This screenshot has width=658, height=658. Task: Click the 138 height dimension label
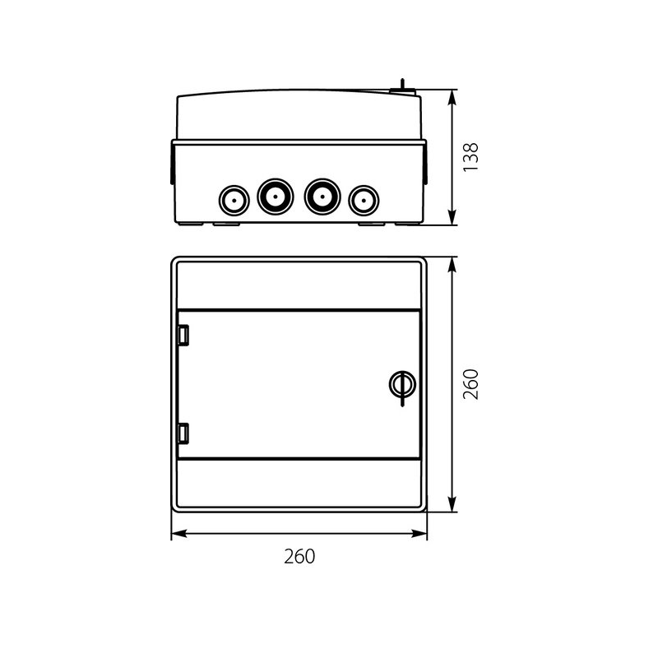(470, 157)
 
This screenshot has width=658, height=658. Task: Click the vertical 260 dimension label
(470, 384)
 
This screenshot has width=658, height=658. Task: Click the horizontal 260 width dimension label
(299, 557)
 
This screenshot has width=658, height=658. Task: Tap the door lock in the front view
(402, 385)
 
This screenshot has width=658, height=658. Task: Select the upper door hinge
(183, 336)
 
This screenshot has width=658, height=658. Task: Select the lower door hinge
(183, 433)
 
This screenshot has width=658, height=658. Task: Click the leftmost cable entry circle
(234, 201)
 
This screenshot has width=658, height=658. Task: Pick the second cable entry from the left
(276, 197)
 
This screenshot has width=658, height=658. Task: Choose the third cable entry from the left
(322, 197)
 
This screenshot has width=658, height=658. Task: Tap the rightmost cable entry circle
(364, 201)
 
